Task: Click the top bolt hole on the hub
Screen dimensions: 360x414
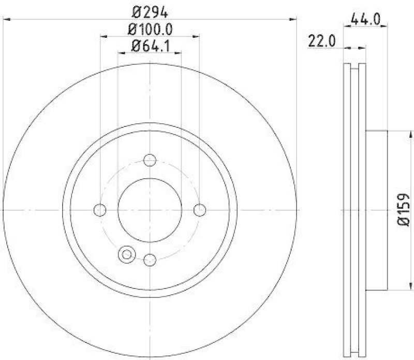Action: point(150,160)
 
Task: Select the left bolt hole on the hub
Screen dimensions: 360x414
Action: point(100,210)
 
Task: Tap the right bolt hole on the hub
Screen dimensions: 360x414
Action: point(199,210)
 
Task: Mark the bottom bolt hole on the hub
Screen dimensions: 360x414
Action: point(150,260)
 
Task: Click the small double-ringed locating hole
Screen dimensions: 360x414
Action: point(126,254)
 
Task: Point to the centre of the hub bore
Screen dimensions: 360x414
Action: point(150,210)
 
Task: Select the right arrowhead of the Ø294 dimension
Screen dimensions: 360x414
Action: point(294,20)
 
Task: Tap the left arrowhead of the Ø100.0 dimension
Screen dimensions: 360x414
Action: point(103,36)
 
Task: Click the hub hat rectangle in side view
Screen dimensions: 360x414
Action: point(376,210)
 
